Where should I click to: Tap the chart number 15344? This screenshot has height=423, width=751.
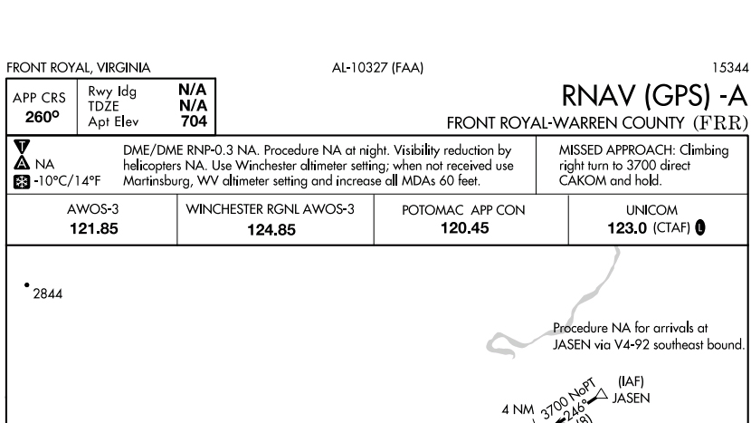[730, 68]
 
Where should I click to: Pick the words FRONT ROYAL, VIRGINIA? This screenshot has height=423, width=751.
[78, 68]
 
